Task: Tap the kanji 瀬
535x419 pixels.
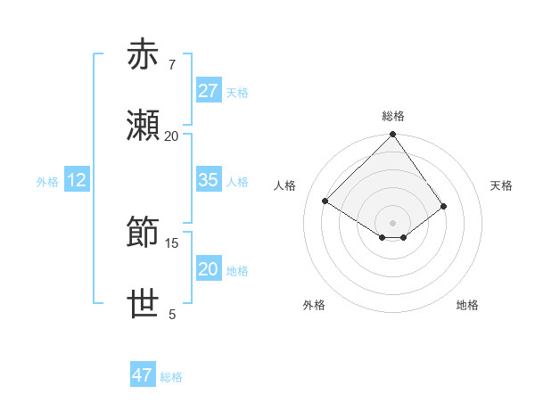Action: (144, 127)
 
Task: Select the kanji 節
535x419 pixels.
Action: (144, 234)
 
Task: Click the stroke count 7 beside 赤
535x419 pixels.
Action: (171, 64)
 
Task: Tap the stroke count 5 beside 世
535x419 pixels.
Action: (172, 315)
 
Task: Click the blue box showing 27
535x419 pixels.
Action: (209, 91)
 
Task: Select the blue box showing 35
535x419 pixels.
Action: (209, 180)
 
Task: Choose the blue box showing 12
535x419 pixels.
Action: (77, 180)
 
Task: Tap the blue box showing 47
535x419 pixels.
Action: (143, 375)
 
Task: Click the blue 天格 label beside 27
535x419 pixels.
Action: (237, 92)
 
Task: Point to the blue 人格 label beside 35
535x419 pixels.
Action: (237, 181)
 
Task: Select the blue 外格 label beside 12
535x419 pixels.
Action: (47, 181)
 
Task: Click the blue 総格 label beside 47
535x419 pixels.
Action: (171, 376)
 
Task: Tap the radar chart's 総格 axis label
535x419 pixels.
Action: (393, 116)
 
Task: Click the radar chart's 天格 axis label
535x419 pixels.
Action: (501, 185)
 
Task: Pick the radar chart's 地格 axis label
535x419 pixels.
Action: (467, 305)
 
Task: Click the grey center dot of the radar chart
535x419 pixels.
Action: (393, 222)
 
